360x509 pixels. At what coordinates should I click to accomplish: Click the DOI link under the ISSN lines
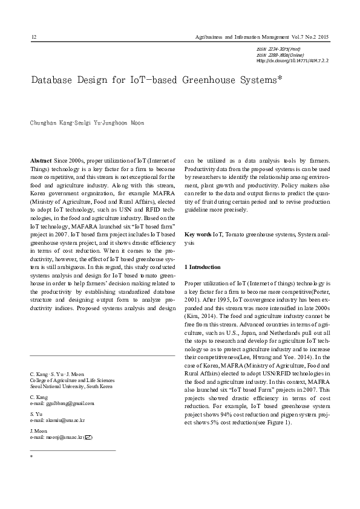click(x=293, y=60)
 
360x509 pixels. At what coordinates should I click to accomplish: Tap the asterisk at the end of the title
click(x=280, y=78)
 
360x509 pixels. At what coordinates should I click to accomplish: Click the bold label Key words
click(x=198, y=233)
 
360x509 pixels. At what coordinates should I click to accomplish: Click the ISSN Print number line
click(x=279, y=48)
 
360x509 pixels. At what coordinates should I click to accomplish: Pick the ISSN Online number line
click(x=281, y=54)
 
